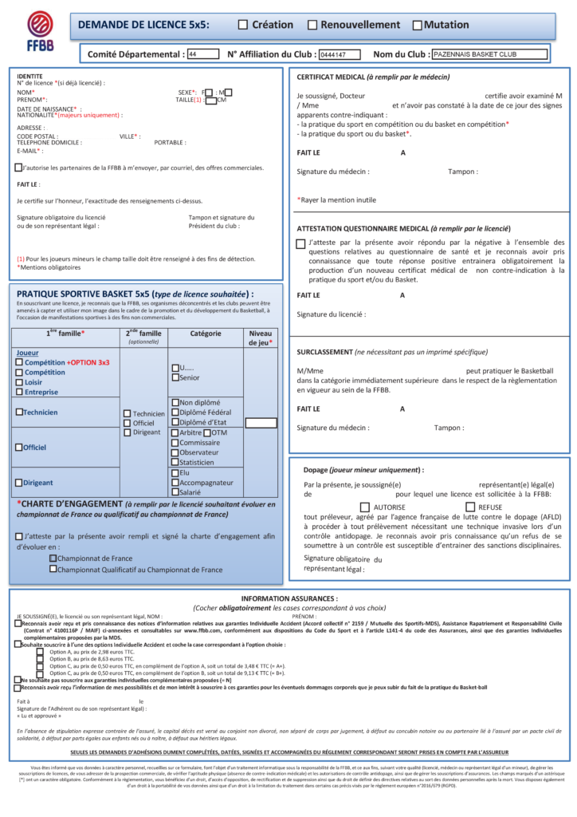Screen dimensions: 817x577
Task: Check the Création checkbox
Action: pos(243,26)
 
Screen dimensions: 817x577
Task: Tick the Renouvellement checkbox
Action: pos(312,26)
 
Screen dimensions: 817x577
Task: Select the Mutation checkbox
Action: pos(417,26)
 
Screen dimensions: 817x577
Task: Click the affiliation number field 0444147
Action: pos(343,55)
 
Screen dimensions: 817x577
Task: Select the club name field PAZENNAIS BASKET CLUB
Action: pos(489,55)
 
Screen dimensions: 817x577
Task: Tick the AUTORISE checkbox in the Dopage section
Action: pos(365,507)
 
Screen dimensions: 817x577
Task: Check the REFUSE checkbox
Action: pos(470,507)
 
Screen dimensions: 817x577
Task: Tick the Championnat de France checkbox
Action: pos(53,558)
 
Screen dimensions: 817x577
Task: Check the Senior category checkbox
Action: pos(175,378)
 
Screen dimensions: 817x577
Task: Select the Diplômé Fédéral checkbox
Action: pos(175,412)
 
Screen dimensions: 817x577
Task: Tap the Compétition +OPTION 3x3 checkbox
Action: pos(19,362)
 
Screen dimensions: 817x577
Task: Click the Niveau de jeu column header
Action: pos(261,337)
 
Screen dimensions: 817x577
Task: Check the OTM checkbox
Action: pos(207,432)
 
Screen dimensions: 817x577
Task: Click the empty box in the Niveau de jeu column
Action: pos(261,423)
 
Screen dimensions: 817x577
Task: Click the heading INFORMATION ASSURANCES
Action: pos(289,598)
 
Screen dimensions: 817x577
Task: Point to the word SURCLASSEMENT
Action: pos(324,352)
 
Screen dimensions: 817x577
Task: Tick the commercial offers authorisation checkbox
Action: pos(18,168)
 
